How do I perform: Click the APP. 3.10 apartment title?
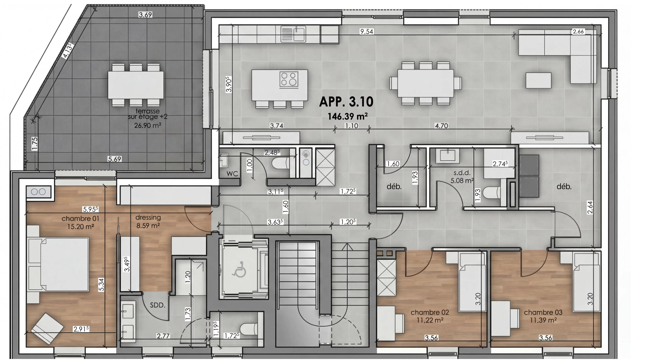tap(346, 102)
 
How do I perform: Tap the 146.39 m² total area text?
tap(348, 116)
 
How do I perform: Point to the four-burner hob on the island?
tap(289, 79)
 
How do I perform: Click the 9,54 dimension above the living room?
tap(367, 32)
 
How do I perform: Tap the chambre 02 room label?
tap(430, 312)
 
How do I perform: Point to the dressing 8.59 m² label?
tap(148, 222)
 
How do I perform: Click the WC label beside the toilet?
tap(232, 174)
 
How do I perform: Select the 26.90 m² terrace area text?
tap(148, 125)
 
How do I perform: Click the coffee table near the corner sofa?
tap(538, 80)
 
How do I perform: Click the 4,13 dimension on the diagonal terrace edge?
tap(68, 51)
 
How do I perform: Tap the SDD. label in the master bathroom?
tap(157, 305)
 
